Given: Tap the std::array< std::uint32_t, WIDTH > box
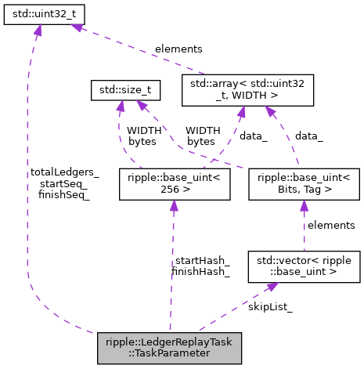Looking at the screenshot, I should [x=247, y=91].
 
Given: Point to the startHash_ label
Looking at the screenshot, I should [x=201, y=260].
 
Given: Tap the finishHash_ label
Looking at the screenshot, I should [x=201, y=272].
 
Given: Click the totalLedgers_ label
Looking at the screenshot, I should [x=64, y=172].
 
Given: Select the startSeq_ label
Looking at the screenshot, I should [x=64, y=184].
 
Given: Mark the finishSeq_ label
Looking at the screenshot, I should [x=64, y=196].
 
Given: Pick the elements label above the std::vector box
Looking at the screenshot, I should [x=331, y=225].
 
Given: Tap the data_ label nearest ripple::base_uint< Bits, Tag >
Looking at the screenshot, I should [x=308, y=136].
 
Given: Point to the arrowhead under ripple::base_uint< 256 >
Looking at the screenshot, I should [x=174, y=205].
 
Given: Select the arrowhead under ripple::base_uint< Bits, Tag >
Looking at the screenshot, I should [x=303, y=205].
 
